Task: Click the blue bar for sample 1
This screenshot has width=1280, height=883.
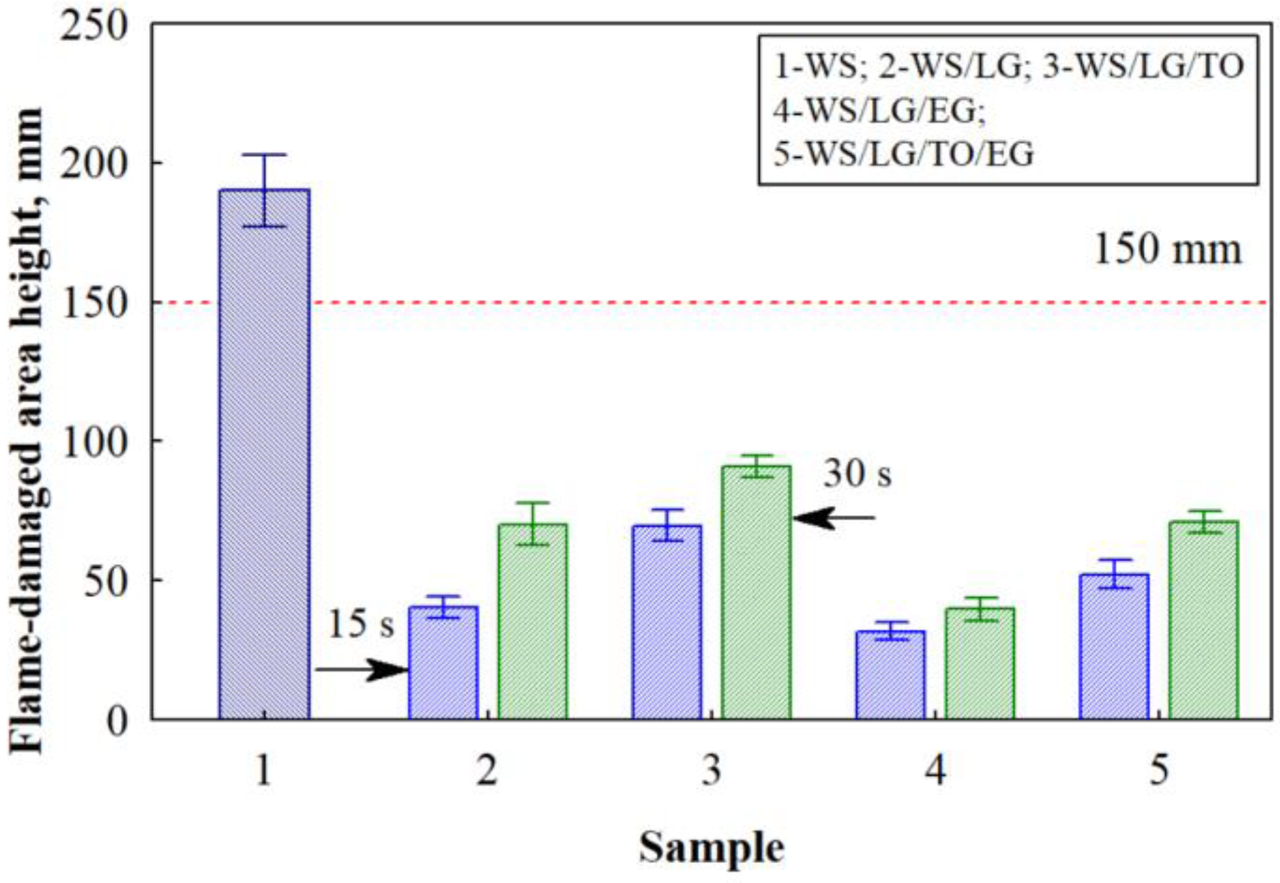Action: pos(264,455)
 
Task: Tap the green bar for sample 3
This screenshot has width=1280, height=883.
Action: pos(756,593)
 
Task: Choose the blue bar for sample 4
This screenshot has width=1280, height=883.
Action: pos(890,675)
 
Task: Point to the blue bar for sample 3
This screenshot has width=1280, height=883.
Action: pos(666,623)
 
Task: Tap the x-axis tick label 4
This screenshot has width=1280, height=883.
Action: pos(935,770)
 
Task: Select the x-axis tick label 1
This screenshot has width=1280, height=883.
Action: pos(264,770)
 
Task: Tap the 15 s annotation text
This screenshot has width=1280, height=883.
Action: pos(361,624)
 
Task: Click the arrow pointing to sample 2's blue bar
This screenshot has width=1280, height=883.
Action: pos(362,670)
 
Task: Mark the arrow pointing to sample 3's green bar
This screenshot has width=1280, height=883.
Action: pos(834,518)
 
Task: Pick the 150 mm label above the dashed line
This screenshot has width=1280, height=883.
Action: pos(1168,250)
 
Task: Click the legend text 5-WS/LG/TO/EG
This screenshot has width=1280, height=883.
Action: pos(903,154)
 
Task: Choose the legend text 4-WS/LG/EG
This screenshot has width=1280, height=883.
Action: pos(879,111)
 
